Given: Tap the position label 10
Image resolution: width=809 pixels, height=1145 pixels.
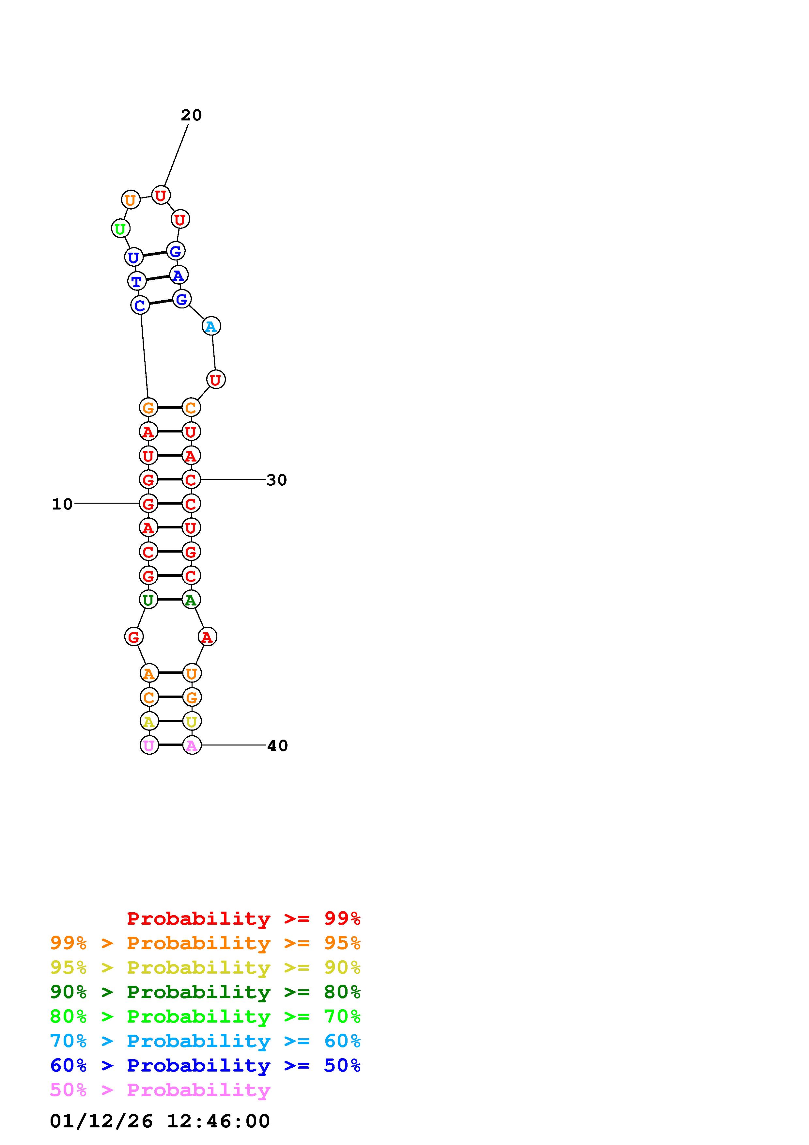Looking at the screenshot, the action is [62, 504].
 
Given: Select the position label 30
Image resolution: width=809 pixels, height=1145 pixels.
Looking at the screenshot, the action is [277, 480].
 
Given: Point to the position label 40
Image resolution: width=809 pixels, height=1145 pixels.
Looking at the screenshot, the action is [278, 745].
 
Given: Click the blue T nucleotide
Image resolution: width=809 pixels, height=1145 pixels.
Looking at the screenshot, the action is [137, 281].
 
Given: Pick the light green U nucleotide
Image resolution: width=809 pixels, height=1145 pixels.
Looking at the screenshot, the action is [120, 229].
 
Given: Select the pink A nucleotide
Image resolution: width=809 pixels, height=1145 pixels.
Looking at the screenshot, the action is [192, 745].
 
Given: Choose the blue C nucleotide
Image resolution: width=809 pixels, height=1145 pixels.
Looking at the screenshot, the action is [140, 305].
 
